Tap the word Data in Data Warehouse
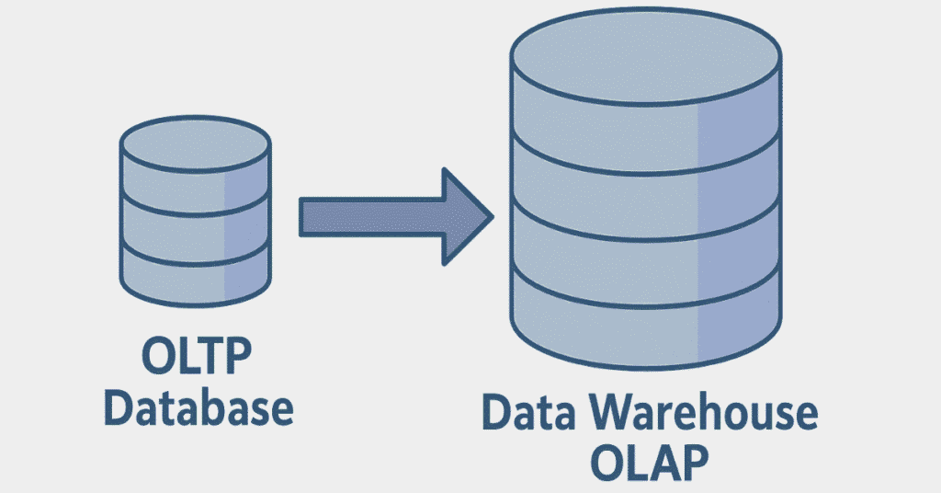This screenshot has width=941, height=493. coord(525,416)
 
